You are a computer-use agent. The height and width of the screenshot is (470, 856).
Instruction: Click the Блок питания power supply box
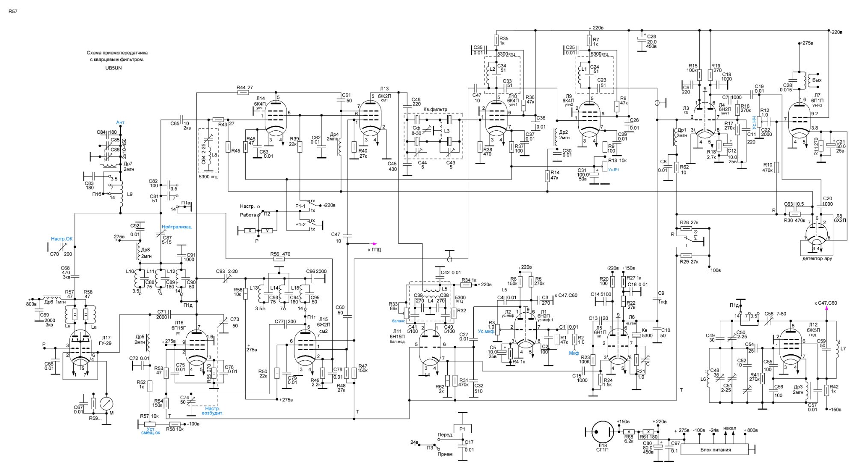(715, 450)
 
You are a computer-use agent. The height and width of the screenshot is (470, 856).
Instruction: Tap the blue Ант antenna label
(120, 123)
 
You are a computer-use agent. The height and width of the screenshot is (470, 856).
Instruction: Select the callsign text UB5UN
(113, 68)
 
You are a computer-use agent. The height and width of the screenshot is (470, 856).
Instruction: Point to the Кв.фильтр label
(435, 110)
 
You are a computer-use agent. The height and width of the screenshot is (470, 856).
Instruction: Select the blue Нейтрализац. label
(177, 227)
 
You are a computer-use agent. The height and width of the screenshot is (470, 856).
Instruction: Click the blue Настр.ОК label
(62, 239)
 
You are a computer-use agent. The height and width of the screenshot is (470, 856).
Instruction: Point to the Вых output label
(817, 80)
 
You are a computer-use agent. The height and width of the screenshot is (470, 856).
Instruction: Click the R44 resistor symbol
(243, 92)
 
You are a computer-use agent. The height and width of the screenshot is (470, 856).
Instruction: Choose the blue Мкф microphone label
(574, 353)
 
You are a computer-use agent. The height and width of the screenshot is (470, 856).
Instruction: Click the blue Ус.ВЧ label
(613, 170)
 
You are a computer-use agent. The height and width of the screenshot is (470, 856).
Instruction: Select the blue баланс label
(398, 320)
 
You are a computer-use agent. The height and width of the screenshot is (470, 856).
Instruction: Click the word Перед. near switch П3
(445, 435)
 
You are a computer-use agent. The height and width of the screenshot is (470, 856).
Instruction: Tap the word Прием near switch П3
(445, 454)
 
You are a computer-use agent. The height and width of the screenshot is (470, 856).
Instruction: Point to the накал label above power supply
(730, 428)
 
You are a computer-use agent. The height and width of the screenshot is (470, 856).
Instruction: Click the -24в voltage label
(713, 430)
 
